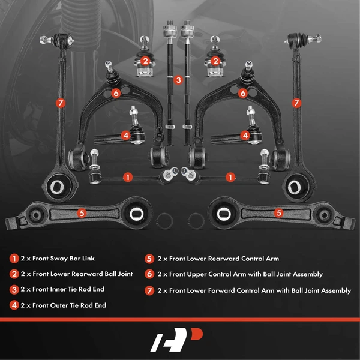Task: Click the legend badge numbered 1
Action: pos(14,259)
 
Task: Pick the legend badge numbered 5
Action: pos(148,259)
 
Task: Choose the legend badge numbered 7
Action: pos(148,290)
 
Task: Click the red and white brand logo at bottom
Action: pos(179,341)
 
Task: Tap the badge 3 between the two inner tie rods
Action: pos(178,79)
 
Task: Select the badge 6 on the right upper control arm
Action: pos(243,93)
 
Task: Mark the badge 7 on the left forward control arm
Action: pos(61,103)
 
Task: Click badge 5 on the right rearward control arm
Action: pos(278,212)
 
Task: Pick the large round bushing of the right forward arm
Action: pos(298,185)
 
